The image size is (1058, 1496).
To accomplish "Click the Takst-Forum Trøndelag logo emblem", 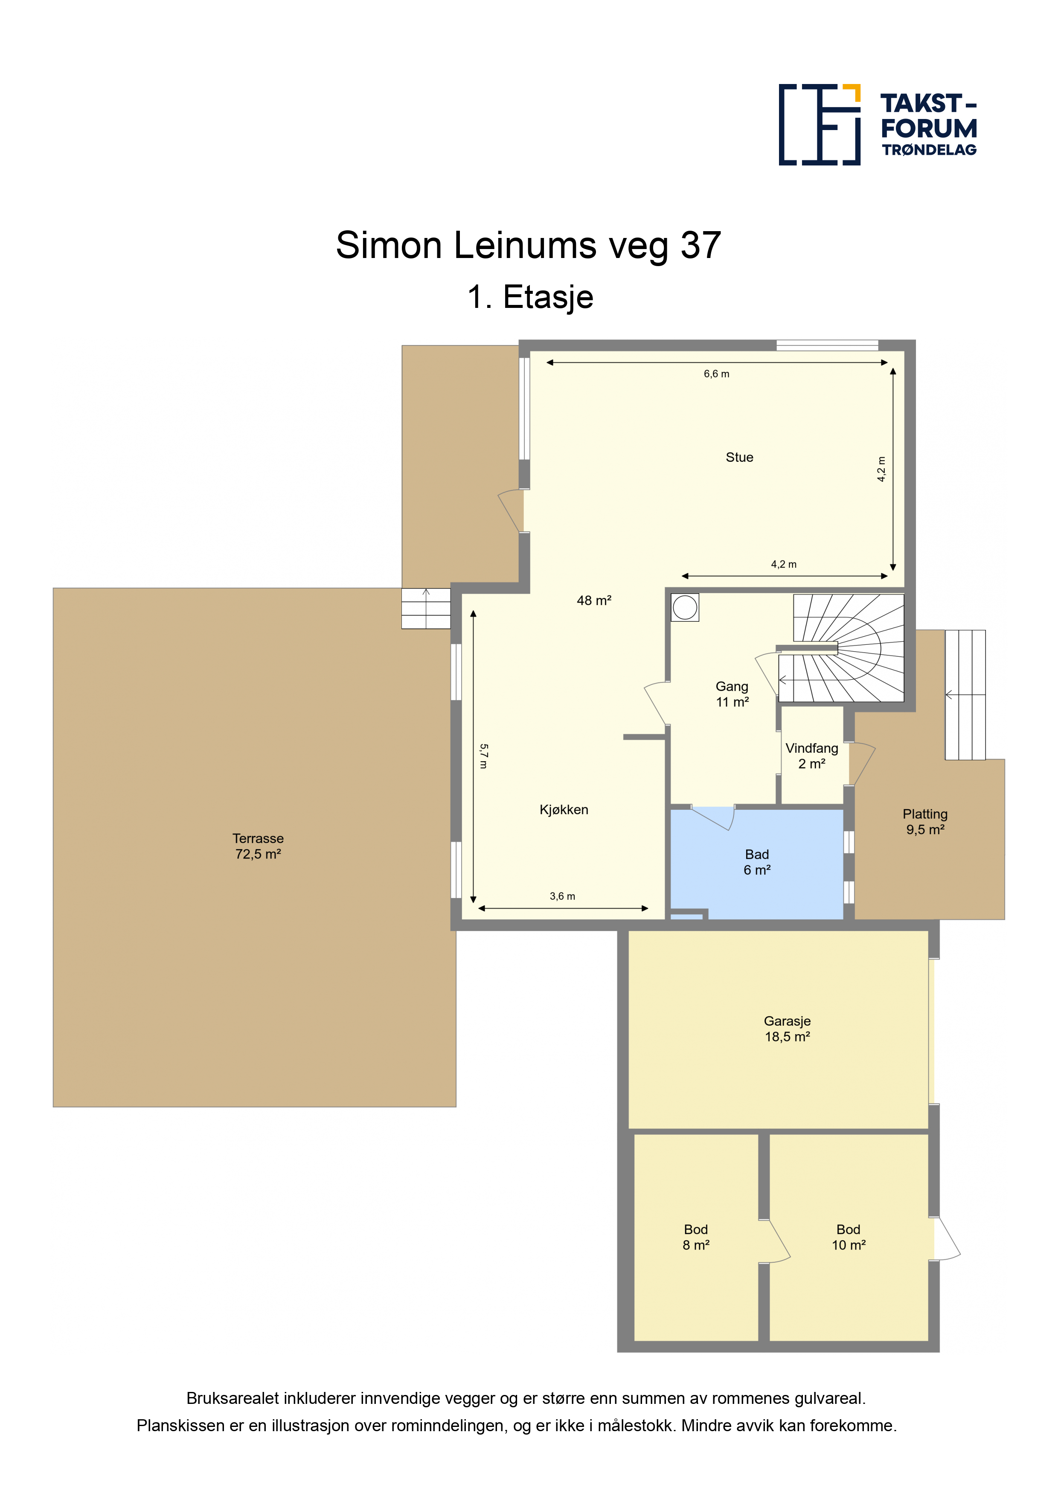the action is tap(820, 125).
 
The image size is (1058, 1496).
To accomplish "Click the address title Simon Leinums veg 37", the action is tap(528, 246).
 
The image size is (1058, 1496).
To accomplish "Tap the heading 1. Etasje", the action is tap(530, 297).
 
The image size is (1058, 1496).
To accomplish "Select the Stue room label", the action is tap(739, 458).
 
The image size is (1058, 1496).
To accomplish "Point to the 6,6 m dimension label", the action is tap(716, 374).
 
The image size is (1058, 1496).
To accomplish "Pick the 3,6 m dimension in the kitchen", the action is tap(563, 896).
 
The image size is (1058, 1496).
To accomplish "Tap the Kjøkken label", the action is tap(564, 810).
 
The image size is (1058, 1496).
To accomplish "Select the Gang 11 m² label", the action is tap(732, 694).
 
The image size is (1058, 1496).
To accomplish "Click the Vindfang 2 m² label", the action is tap(811, 756).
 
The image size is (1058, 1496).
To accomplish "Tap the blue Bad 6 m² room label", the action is tap(757, 862).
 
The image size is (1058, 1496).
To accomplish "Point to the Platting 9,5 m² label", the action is tap(925, 822).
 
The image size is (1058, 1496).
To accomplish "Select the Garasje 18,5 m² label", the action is tap(788, 1029).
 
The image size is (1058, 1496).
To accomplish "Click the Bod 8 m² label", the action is tap(695, 1237).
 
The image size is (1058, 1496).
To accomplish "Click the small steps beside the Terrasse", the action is tap(426, 609).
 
